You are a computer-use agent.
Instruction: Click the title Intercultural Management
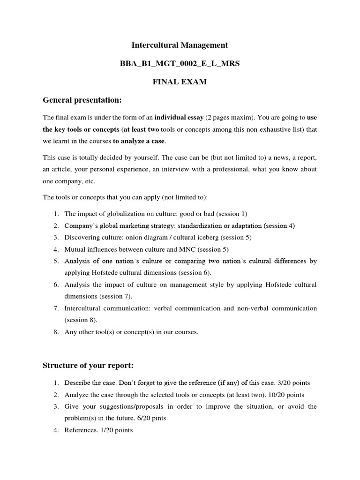(180, 45)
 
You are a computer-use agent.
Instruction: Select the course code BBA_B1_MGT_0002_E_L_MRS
(180, 64)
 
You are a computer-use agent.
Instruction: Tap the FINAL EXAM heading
(180, 82)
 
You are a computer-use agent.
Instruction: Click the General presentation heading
(82, 100)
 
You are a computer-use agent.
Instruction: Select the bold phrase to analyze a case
(139, 141)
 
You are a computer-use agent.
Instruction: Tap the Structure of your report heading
(89, 365)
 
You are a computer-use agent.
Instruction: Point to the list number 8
(55, 332)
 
